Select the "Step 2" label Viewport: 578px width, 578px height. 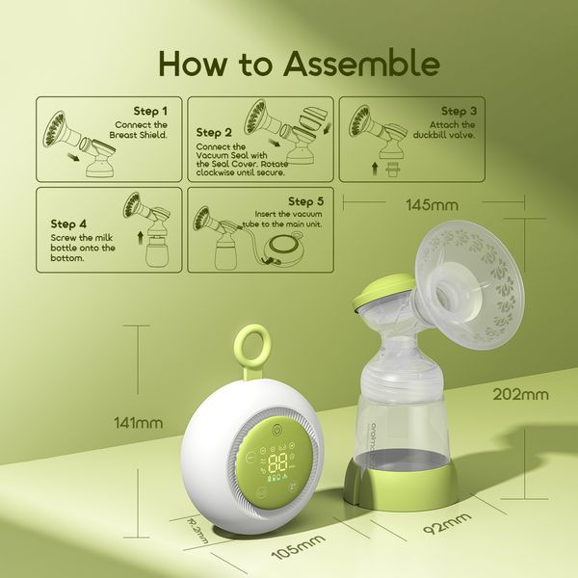tap(214, 132)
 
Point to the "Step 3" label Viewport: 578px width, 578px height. tap(460, 112)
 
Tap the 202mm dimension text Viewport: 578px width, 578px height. tap(520, 393)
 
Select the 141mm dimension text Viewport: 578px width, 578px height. tap(137, 422)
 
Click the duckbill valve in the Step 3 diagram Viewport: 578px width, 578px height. tap(390, 171)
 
